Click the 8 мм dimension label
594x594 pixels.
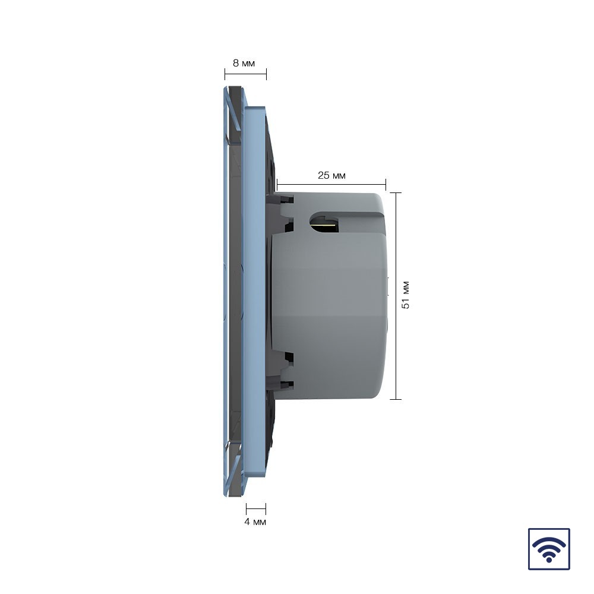[244, 64]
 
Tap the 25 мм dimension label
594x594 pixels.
[331, 175]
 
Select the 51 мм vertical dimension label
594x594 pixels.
[405, 295]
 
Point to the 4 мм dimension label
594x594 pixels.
[255, 522]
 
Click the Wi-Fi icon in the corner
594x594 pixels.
[549, 549]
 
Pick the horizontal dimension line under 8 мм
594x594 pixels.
[245, 74]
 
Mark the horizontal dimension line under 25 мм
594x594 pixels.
[331, 185]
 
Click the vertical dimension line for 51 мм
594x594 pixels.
[396, 296]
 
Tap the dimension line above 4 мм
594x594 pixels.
[256, 509]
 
